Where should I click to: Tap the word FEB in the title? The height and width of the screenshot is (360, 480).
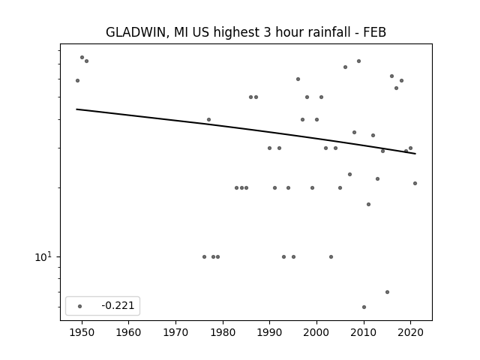point(375,32)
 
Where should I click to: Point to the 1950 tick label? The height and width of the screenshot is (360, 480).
point(82,332)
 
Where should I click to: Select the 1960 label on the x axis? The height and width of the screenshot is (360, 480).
point(128,332)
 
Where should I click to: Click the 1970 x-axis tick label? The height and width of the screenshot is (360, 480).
point(175,332)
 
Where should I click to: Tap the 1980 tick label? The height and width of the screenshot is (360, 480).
point(223,332)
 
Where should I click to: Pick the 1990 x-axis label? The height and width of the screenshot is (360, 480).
point(270,332)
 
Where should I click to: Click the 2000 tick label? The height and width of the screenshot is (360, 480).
point(316,332)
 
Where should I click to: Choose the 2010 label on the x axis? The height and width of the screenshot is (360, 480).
point(364,332)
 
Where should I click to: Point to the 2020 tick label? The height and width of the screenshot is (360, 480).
point(410,332)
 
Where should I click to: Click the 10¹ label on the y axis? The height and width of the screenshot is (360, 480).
point(43,256)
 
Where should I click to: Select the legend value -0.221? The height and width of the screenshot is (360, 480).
point(118,305)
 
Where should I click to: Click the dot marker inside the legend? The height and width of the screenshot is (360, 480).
point(80,306)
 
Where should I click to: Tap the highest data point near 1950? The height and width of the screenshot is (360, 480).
point(82,57)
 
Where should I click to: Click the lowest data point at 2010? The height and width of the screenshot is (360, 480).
point(364,307)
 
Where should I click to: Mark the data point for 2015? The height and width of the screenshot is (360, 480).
point(387,292)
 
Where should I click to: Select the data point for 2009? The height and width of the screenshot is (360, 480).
point(358,61)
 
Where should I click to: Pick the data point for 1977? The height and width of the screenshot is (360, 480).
point(208,120)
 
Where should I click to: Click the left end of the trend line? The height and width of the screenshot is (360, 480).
point(76,109)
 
